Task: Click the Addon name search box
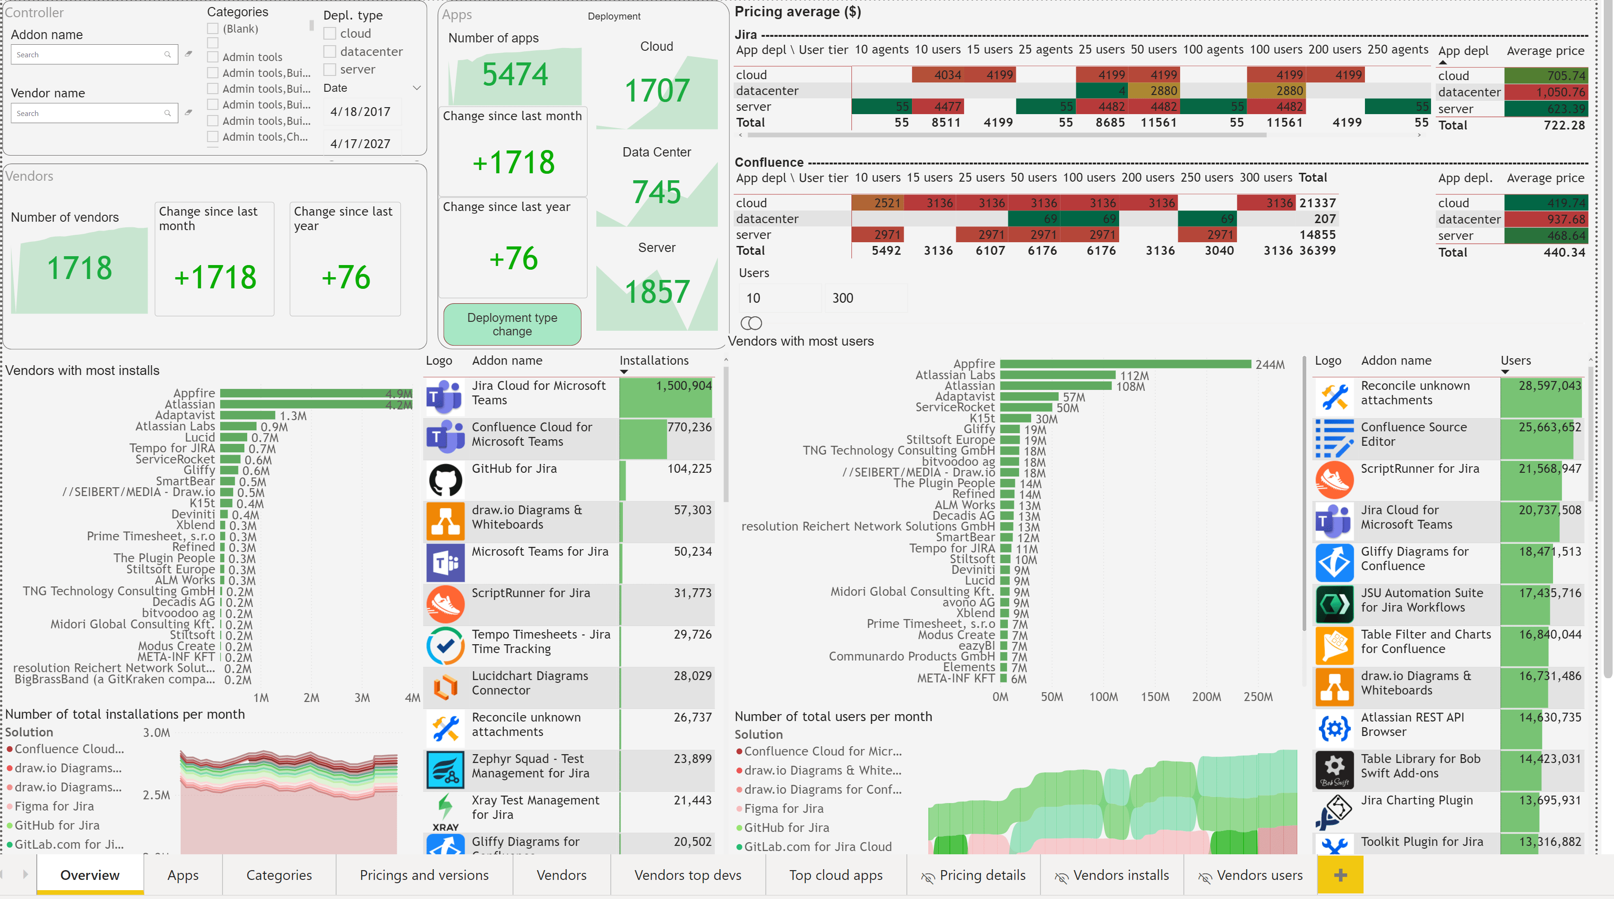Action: [x=88, y=54]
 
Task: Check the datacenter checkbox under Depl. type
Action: [x=330, y=51]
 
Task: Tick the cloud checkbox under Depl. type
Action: [x=330, y=33]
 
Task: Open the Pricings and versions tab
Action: [x=424, y=875]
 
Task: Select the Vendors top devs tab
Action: [x=687, y=875]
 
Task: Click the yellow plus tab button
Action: [x=1340, y=875]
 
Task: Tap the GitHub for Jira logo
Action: [x=445, y=480]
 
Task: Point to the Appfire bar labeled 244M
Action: [x=1125, y=364]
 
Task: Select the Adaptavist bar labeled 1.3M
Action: [x=248, y=415]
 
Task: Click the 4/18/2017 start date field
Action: [x=360, y=112]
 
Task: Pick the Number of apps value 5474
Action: [x=515, y=74]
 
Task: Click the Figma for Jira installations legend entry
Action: [x=54, y=806]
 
